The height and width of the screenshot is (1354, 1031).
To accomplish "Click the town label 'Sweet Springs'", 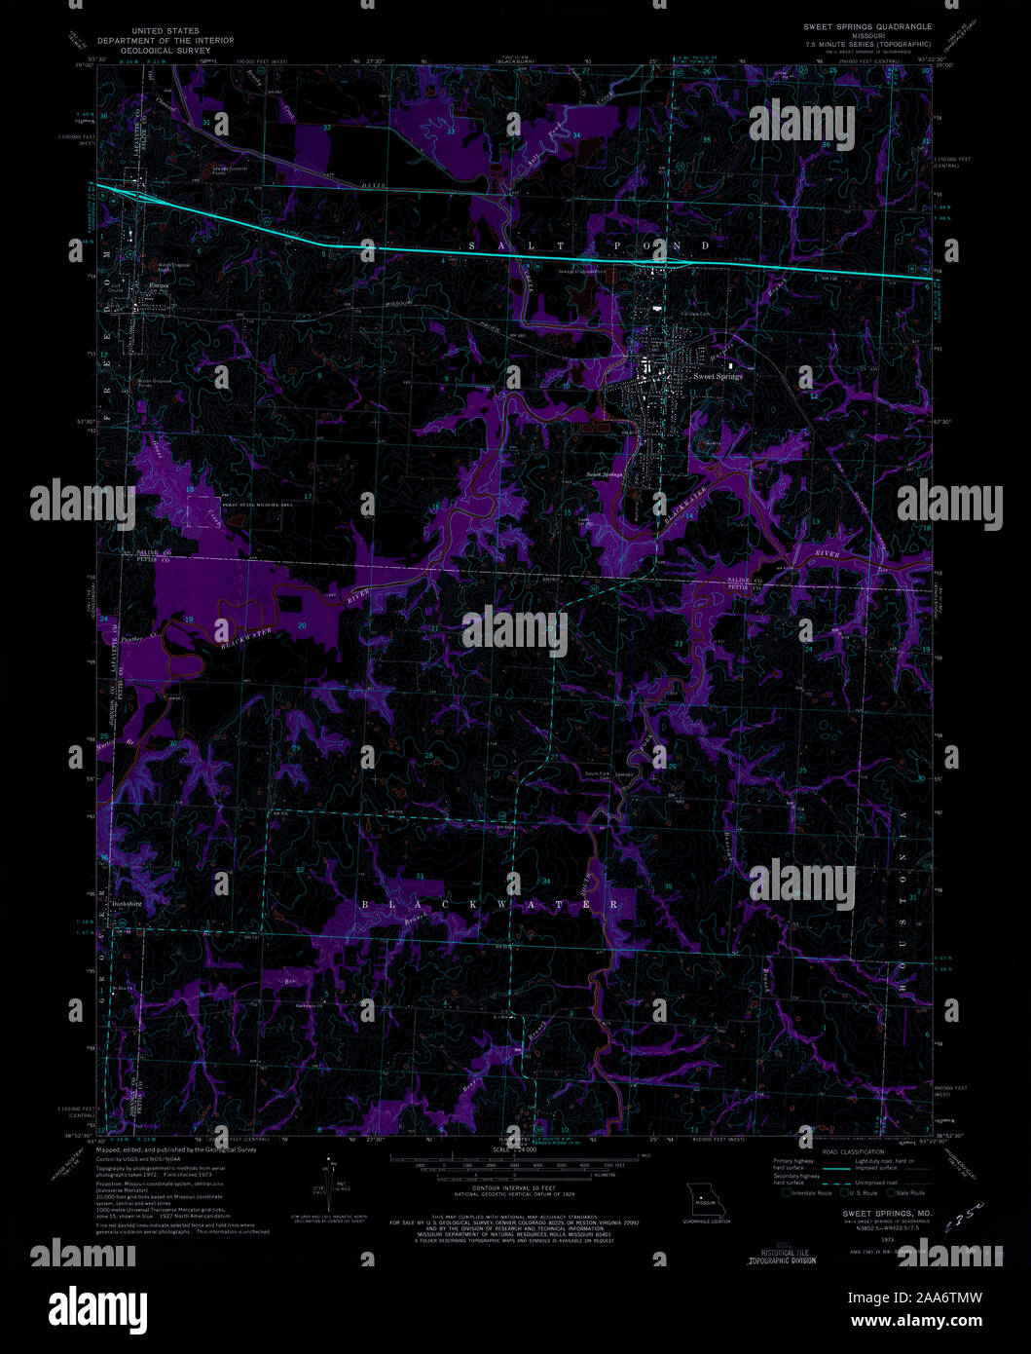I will (x=718, y=376).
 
